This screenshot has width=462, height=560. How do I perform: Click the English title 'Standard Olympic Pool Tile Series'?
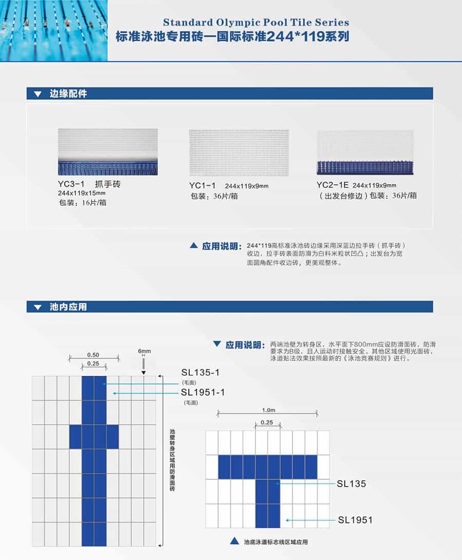coord(256,23)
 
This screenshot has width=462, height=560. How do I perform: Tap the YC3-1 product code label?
coord(71,184)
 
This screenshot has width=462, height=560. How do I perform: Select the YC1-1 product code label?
coord(203,185)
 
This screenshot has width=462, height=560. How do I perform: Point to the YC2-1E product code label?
coord(332,185)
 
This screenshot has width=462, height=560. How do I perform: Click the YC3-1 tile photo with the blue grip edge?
coord(108,152)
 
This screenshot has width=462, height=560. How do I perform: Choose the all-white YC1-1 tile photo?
coord(239,152)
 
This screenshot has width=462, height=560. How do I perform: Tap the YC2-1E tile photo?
coord(365,152)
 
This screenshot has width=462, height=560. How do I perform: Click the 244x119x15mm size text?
coord(82,193)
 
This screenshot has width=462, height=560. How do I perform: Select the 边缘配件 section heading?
coord(68,93)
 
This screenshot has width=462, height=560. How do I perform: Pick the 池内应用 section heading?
coord(68,307)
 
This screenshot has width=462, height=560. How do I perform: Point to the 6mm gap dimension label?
coord(144,351)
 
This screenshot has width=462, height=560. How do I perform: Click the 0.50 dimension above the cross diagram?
coord(93,355)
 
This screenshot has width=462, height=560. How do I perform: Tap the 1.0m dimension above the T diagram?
coord(268,410)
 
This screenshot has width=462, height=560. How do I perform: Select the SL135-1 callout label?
coord(200,373)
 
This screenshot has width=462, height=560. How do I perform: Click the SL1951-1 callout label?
coord(203,392)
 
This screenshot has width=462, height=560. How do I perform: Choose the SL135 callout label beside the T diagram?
coord(352,484)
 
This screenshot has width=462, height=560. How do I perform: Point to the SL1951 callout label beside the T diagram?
coord(355,520)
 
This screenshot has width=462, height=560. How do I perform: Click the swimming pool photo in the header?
coord(53,30)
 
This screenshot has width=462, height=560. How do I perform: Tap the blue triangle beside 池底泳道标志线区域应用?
coord(235,541)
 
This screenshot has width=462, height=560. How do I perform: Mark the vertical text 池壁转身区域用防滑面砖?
coord(172,460)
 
